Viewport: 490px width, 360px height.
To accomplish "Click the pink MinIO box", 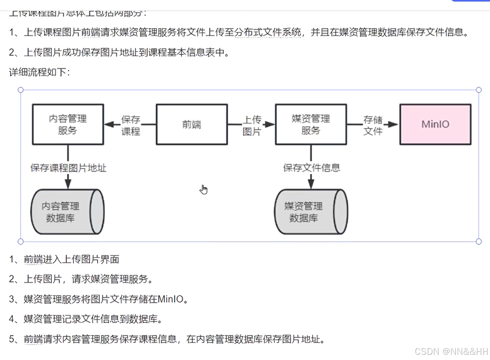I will [435, 124].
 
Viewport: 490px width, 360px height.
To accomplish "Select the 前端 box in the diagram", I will [191, 124].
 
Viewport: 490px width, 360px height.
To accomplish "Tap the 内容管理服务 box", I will [68, 124].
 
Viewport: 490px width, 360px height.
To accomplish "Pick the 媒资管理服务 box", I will [311, 124].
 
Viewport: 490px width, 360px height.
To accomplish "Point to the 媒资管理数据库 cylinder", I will [310, 212].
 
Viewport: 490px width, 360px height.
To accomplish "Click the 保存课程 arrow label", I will [131, 125].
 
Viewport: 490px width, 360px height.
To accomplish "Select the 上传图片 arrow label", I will [252, 125].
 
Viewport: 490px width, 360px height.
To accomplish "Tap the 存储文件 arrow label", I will [373, 125].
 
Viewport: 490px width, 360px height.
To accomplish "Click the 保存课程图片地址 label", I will [68, 168].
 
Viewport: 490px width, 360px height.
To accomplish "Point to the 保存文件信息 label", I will [312, 168].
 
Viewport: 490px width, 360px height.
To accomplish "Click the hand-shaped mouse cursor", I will [204, 189].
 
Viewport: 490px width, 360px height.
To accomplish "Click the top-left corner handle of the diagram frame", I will [21, 90].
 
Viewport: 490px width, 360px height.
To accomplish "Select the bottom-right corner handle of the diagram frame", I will [478, 241].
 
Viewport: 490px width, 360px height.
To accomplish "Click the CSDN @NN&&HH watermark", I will [451, 351].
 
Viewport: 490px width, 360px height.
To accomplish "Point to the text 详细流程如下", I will [39, 72].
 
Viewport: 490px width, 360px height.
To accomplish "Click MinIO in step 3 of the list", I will [172, 299].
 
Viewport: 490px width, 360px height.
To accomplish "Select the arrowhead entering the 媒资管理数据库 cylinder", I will [311, 183].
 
